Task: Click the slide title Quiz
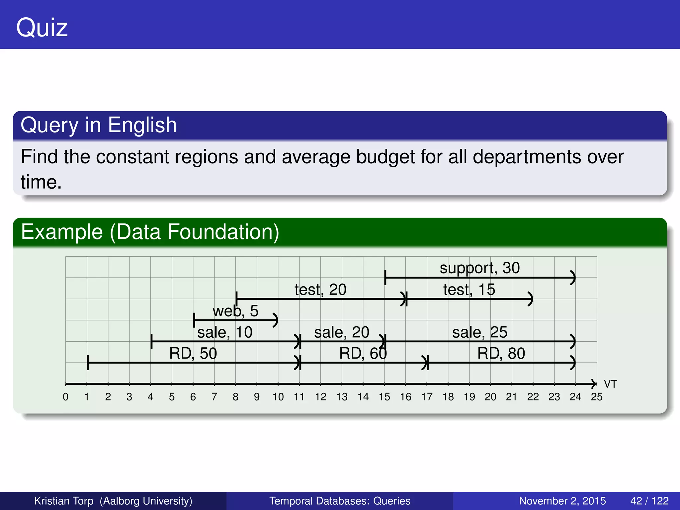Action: click(42, 28)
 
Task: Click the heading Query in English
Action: click(99, 125)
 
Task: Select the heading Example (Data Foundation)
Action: click(150, 232)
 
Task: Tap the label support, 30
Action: click(479, 268)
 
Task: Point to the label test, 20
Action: click(320, 290)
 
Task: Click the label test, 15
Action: click(469, 290)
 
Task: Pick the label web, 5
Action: click(235, 311)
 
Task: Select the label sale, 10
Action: click(225, 332)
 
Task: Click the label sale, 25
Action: click(479, 332)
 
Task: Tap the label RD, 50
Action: click(193, 353)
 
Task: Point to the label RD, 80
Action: click(501, 353)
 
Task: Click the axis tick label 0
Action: click(66, 397)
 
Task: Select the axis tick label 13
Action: click(342, 397)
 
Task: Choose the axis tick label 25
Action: click(596, 397)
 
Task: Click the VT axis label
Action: click(610, 384)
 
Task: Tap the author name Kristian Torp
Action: click(64, 501)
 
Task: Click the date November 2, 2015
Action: click(562, 501)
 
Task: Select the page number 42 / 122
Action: click(649, 501)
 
